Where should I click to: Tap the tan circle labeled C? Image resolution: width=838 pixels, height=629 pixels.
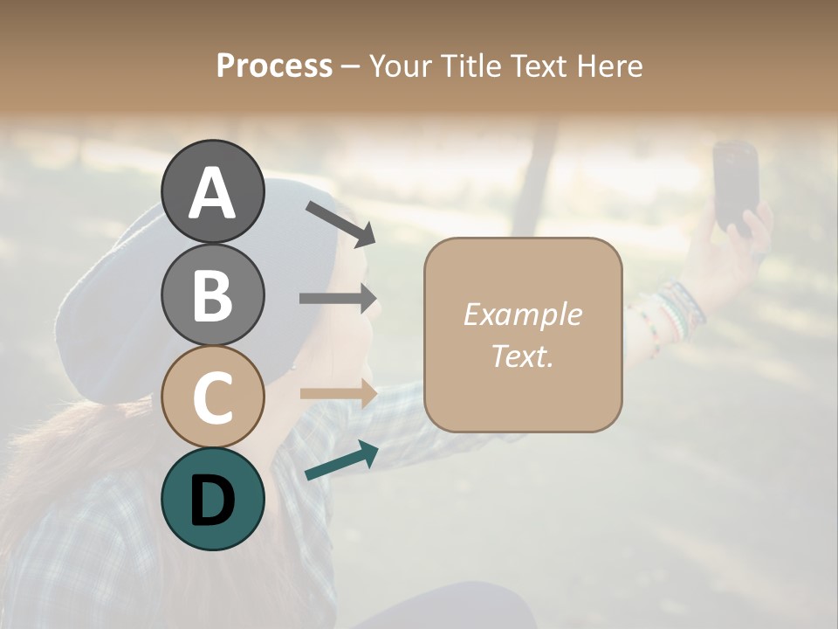click(x=212, y=397)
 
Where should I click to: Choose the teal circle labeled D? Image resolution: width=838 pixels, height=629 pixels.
click(x=212, y=499)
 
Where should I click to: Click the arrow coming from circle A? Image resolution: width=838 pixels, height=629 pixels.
click(x=340, y=223)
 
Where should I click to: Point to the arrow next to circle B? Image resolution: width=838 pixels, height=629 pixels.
click(x=338, y=298)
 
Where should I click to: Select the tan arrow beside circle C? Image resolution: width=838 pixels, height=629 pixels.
click(x=339, y=392)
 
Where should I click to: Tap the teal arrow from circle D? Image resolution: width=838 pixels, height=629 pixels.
click(x=341, y=461)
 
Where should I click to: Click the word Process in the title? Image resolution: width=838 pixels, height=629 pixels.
click(x=274, y=66)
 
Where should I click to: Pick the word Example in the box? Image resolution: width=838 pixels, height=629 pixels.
click(x=522, y=314)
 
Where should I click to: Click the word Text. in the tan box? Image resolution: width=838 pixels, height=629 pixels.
click(x=522, y=356)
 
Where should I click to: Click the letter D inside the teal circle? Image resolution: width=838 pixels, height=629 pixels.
click(x=212, y=501)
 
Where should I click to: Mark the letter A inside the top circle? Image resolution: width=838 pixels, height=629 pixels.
click(x=212, y=194)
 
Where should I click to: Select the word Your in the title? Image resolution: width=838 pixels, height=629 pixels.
click(x=400, y=66)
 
